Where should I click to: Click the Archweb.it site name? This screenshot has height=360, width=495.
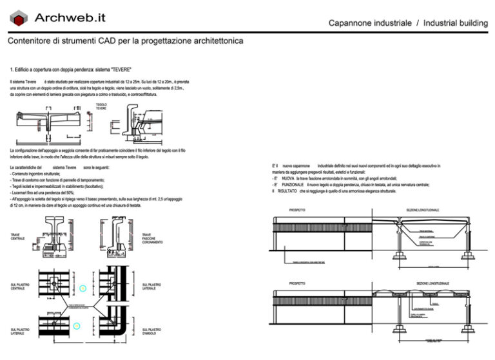point(70,18)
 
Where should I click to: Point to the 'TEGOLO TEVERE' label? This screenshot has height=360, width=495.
point(101,106)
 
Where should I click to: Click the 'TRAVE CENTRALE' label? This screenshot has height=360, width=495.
point(18,236)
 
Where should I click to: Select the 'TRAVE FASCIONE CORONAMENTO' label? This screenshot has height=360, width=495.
point(152,238)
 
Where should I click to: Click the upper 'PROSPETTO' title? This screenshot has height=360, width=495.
point(297,211)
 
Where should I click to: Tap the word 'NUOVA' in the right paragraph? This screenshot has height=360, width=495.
point(287,178)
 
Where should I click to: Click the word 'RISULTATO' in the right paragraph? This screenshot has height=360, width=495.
point(287,191)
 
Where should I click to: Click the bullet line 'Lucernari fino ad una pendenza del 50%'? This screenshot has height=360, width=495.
point(43,193)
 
